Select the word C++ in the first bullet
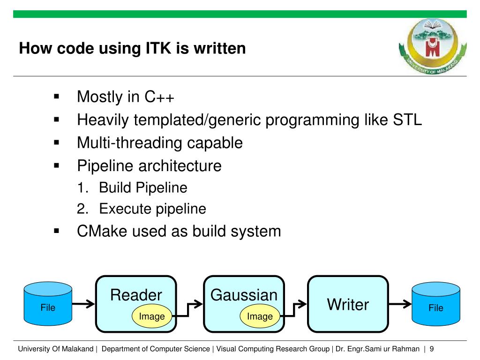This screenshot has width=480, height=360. coord(159,97)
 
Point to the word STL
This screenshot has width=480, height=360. coord(406,120)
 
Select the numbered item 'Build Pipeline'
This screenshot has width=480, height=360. coord(143,188)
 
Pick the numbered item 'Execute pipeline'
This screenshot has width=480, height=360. coord(152,209)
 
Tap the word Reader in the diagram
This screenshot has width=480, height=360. coord(136,295)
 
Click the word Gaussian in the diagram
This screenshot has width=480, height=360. coord(244,295)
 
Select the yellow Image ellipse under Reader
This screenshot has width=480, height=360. coord(152,316)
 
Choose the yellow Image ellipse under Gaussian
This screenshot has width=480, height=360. coord(260,316)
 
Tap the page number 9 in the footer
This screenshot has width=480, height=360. coord(431,349)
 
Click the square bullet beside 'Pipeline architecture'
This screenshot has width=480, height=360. coord(57,165)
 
